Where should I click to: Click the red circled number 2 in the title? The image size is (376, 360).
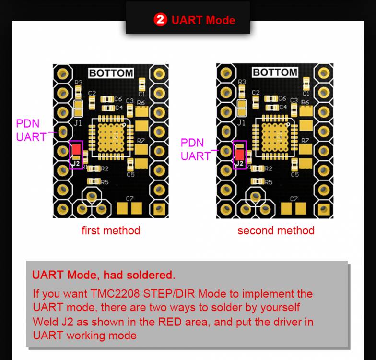point(160,20)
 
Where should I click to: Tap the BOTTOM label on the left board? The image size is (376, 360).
point(111,73)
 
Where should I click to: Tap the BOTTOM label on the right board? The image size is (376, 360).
point(275,72)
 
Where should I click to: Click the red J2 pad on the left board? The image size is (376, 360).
point(76,149)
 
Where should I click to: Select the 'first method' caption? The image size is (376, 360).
point(111,230)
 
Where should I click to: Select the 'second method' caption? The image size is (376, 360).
point(276,230)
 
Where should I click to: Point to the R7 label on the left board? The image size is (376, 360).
point(141,141)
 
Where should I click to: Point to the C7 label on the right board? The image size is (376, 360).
point(294,198)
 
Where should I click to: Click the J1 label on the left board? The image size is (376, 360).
point(78,123)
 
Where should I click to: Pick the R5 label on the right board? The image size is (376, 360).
point(269,182)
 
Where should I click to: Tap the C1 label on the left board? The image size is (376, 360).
point(142,95)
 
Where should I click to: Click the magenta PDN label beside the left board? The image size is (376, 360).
point(28,123)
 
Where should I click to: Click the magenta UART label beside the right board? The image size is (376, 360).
point(196,156)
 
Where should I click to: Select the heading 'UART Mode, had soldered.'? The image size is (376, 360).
point(104,275)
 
